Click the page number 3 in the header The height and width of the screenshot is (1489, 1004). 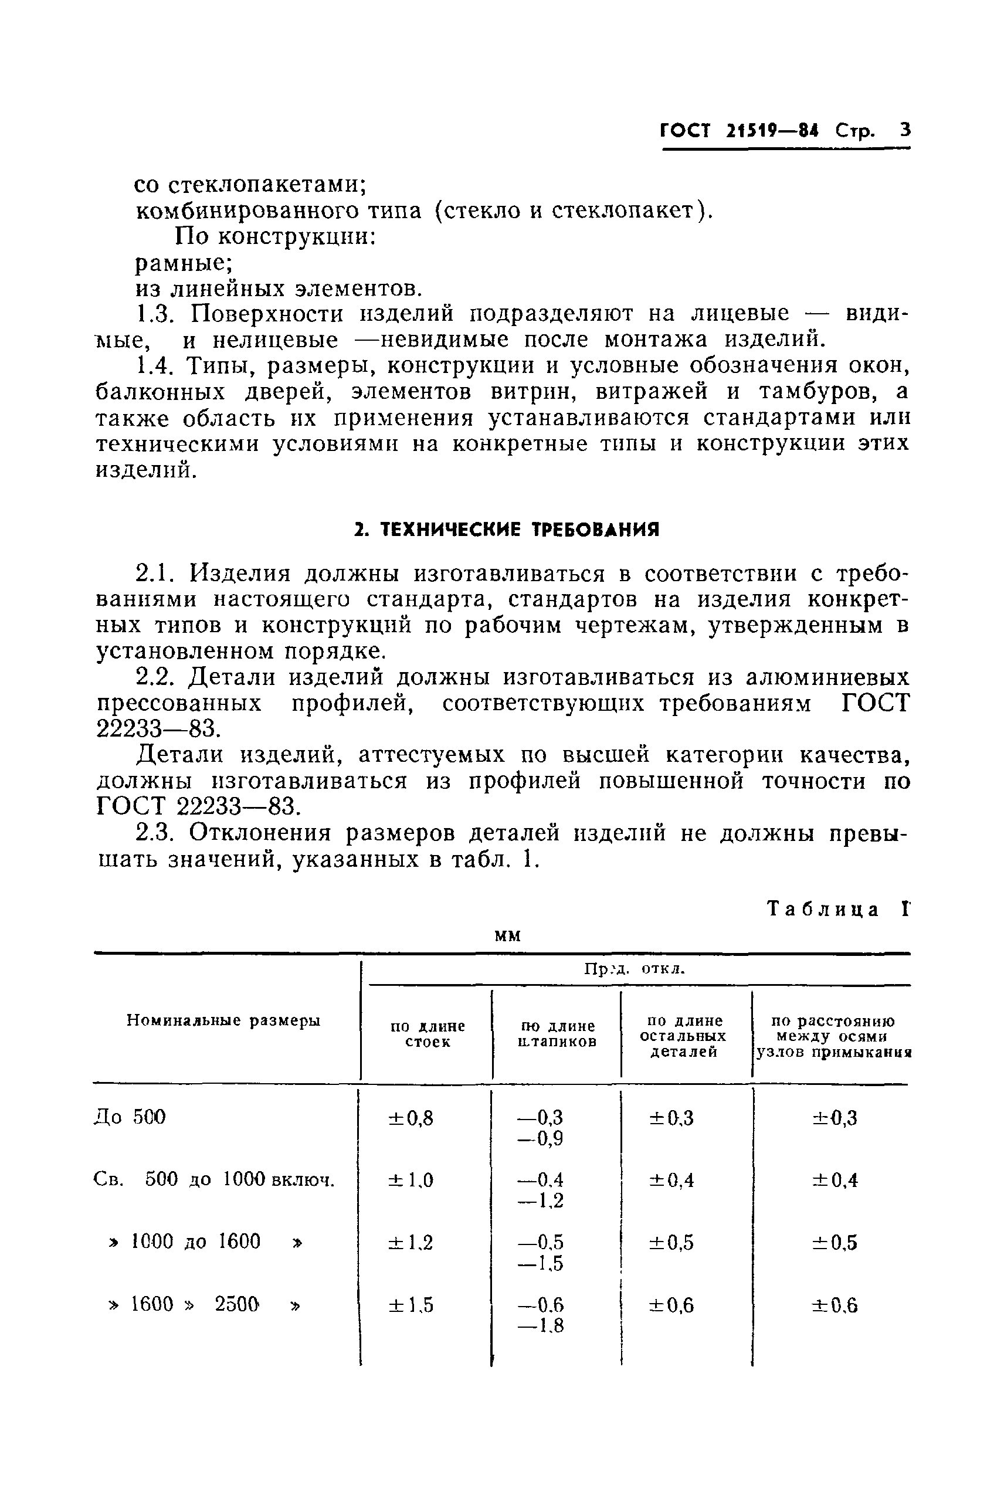[904, 131]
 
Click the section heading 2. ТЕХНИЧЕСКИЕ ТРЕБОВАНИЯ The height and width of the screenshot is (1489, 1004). [507, 530]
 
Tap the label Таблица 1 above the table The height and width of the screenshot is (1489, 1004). [837, 909]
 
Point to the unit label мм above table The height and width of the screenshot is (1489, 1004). [508, 935]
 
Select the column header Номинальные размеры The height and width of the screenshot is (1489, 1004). [223, 1020]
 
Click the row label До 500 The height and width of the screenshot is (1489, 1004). [130, 1117]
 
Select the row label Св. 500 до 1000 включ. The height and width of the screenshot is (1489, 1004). [214, 1179]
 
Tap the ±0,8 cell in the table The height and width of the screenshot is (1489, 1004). [411, 1118]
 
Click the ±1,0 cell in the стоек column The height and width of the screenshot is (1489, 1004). [411, 1180]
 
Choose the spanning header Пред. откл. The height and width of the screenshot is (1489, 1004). [634, 969]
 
